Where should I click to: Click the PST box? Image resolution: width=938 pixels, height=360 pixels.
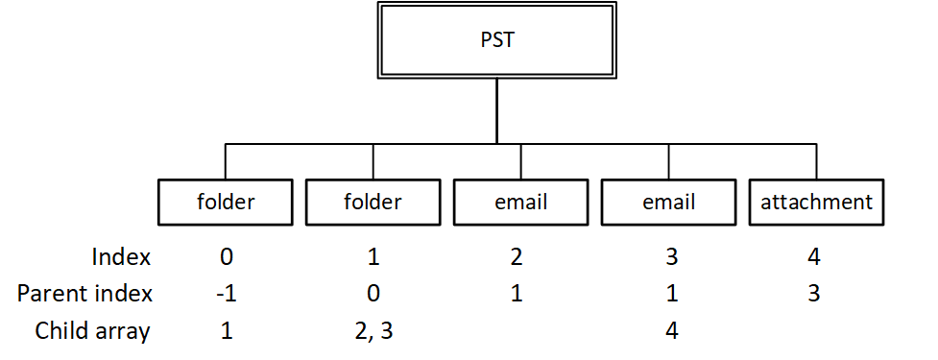[x=496, y=41]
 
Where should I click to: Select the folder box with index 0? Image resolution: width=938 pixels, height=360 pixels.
[x=226, y=203]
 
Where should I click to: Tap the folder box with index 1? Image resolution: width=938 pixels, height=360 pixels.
[x=373, y=203]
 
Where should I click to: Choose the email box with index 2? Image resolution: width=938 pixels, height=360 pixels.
[x=520, y=203]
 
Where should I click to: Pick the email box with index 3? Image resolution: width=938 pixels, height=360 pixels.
[x=668, y=203]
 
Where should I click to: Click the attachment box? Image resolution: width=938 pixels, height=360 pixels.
[x=816, y=203]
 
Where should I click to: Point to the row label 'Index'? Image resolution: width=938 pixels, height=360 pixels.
[x=121, y=257]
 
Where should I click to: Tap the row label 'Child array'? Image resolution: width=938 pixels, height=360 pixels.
[x=93, y=330]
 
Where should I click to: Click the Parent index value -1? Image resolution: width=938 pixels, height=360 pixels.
[x=226, y=293]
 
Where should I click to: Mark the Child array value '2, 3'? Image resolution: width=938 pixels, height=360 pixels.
[x=373, y=330]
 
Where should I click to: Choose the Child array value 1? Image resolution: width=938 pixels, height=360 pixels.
[x=226, y=330]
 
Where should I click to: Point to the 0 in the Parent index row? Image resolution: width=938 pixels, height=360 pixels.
[x=373, y=293]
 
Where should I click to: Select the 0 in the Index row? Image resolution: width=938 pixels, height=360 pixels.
[x=226, y=257]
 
